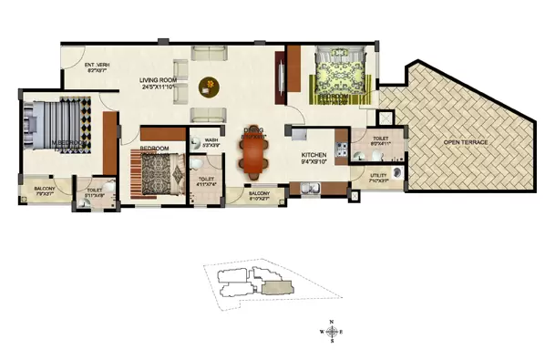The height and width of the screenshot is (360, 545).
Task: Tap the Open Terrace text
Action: click(x=466, y=143)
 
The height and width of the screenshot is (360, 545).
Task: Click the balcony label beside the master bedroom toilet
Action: click(x=44, y=190)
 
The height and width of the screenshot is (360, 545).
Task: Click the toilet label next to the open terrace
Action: click(x=381, y=142)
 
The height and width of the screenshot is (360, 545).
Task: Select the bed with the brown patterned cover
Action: click(x=157, y=169)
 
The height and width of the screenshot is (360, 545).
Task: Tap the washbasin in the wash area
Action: click(x=198, y=164)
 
